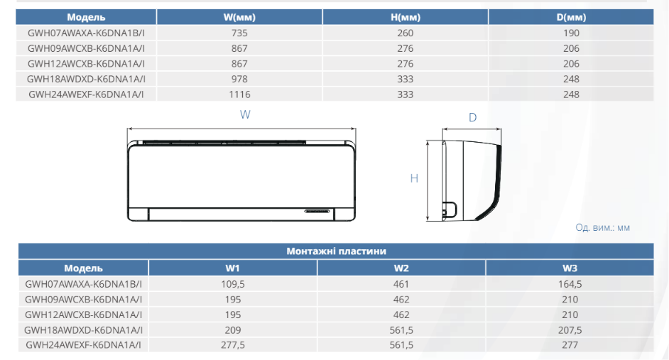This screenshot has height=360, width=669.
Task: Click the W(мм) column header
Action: pos(239,17)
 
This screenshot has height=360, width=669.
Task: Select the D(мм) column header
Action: pos(571,17)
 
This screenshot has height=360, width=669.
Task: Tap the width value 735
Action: pos(239,33)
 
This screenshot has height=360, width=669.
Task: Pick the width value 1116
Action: pos(239,94)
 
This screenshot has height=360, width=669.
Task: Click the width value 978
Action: pos(239,79)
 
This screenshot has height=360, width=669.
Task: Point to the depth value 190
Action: pos(571,33)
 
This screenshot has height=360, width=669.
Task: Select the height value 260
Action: pos(406,33)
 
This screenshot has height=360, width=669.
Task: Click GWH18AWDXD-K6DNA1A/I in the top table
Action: pos(86,79)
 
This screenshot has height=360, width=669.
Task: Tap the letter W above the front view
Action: pos(245,114)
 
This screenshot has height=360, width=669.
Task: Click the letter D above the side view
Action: pos(472,117)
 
